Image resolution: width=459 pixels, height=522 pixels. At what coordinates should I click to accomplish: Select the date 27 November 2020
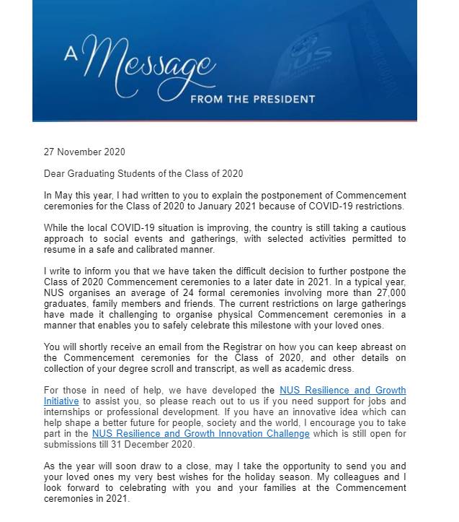coord(84,152)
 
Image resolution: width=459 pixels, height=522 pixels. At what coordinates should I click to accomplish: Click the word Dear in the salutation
coord(55,173)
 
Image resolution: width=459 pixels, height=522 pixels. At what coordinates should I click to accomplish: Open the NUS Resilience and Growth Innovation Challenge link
coord(200,433)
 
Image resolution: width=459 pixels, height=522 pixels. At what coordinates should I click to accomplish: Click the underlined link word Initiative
coord(62,401)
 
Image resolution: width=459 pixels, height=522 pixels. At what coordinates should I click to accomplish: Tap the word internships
coord(69,412)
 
